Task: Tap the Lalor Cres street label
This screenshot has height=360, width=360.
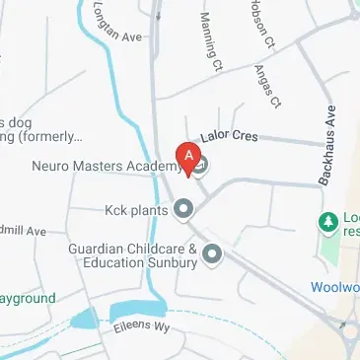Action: pos(229,137)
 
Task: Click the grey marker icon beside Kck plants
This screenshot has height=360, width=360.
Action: pos(182,208)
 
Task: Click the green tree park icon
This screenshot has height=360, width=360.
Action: pos(327,221)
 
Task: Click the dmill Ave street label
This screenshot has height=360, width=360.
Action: pos(24,231)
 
